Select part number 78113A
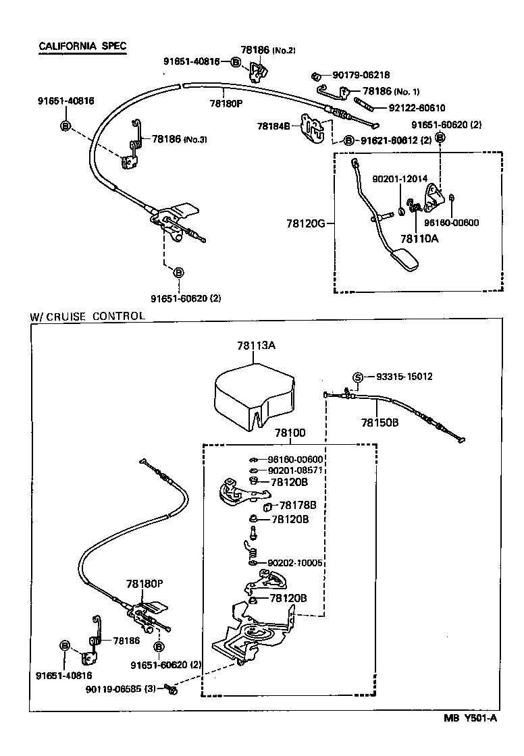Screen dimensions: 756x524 click(256, 345)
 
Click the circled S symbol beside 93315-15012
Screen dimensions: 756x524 click(359, 377)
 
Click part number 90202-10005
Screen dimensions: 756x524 click(295, 562)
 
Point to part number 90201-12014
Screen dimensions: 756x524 click(399, 178)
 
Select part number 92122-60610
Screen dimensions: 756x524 click(417, 107)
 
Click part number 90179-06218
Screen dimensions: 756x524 click(361, 75)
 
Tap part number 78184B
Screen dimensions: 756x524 click(273, 126)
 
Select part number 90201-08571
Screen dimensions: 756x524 click(295, 470)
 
